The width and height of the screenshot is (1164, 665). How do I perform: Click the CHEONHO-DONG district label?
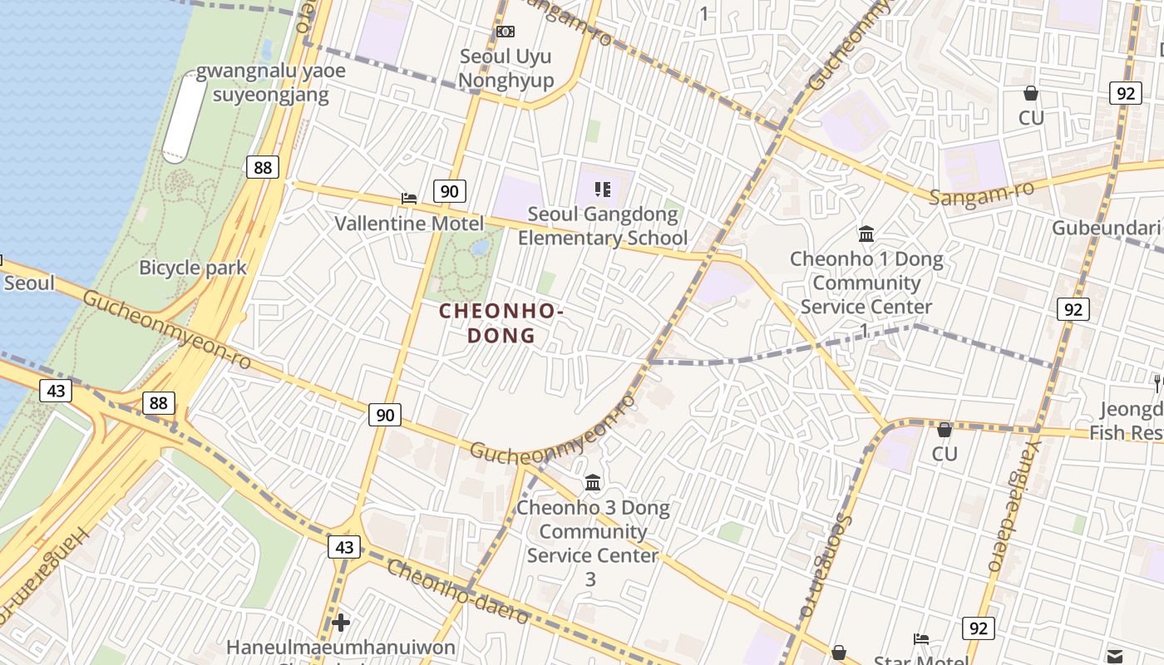tap(501, 323)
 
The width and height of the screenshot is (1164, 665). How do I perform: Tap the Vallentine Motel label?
tap(408, 223)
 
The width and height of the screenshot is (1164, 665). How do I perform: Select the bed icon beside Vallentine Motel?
tap(409, 198)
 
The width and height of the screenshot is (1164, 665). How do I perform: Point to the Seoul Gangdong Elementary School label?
tap(603, 226)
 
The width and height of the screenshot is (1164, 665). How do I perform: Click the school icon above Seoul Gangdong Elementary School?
tap(604, 190)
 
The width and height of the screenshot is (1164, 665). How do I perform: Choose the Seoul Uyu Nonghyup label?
tap(506, 68)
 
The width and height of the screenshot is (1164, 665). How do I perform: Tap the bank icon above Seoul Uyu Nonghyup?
tap(506, 32)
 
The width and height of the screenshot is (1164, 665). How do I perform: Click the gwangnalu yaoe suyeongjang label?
tap(271, 82)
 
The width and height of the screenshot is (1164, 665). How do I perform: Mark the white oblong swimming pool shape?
tap(184, 117)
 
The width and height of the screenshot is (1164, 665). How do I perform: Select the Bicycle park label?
tap(193, 267)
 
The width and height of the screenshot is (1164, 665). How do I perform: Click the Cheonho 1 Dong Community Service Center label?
tap(866, 283)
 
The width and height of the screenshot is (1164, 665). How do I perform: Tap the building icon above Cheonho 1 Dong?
tap(866, 234)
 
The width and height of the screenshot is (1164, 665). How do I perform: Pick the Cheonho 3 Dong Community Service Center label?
tap(593, 531)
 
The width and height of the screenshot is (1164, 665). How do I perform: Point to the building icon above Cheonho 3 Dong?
tap(593, 482)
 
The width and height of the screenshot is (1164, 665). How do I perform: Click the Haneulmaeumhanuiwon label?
tap(341, 647)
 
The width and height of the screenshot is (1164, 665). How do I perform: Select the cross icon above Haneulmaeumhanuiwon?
tap(340, 622)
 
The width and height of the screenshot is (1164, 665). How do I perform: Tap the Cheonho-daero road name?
tap(457, 593)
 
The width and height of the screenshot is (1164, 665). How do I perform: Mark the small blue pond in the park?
tap(480, 247)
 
